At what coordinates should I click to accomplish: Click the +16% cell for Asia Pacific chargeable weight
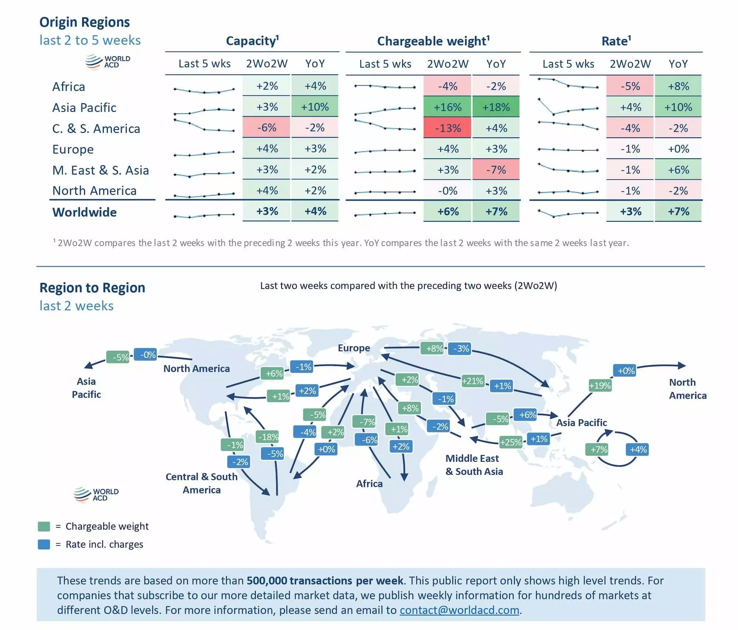[x=447, y=107]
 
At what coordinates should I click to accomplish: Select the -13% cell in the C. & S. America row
[x=447, y=128]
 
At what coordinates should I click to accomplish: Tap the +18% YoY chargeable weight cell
[x=496, y=107]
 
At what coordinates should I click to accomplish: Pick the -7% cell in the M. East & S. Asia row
[x=496, y=170]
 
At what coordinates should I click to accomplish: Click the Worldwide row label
[x=85, y=212]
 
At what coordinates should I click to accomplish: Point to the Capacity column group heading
[x=252, y=41]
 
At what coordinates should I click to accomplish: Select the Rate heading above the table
[x=616, y=41]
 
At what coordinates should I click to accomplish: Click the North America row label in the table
[x=94, y=191]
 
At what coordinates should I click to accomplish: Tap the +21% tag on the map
[x=473, y=381]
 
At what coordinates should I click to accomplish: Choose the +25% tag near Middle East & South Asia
[x=511, y=442]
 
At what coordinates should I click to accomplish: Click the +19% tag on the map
[x=600, y=386]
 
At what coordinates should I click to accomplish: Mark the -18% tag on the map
[x=268, y=437]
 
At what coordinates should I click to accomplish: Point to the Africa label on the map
[x=369, y=484]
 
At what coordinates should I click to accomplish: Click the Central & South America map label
[x=201, y=483]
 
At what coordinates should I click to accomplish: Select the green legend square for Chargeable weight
[x=44, y=526]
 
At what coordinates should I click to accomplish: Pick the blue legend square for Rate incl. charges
[x=44, y=544]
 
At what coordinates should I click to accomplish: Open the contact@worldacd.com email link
[x=459, y=610]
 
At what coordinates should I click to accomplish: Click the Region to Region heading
[x=92, y=288]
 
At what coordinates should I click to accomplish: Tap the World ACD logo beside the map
[x=96, y=495]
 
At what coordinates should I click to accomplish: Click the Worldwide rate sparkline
[x=568, y=213]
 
